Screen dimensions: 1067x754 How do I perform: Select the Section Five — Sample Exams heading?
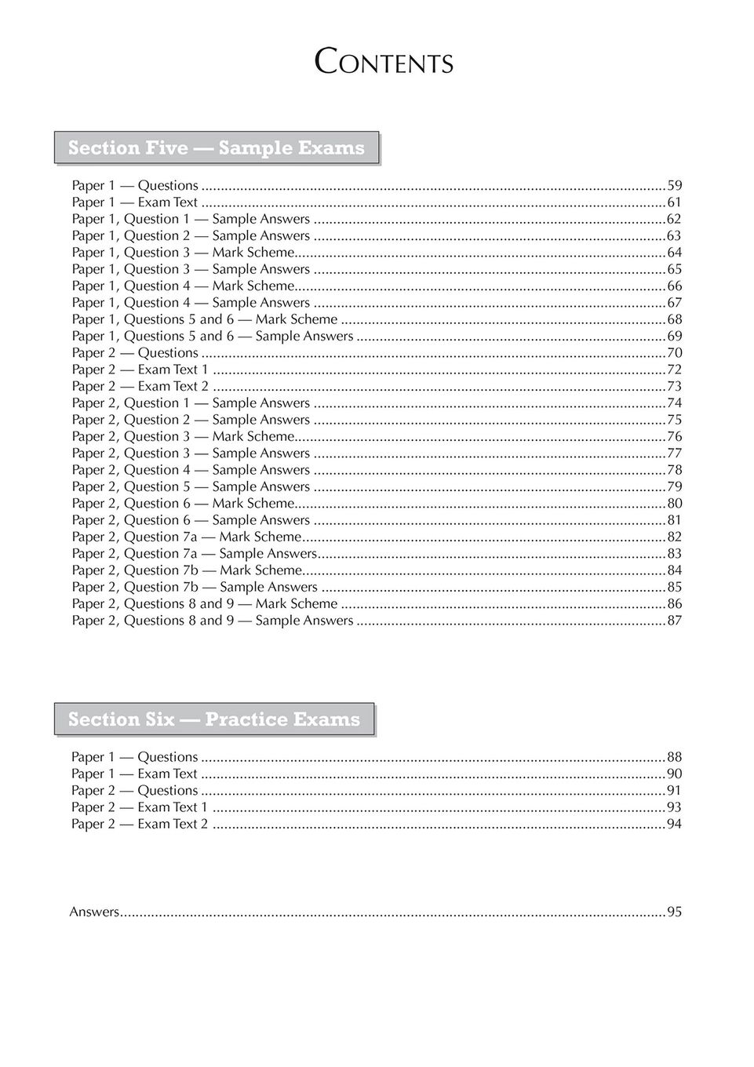click(x=217, y=148)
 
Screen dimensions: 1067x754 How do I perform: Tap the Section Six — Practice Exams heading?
click(x=214, y=719)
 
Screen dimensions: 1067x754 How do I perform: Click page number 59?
click(x=674, y=186)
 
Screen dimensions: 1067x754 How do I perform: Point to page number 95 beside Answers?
click(x=674, y=912)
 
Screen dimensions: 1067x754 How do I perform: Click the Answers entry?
click(x=94, y=912)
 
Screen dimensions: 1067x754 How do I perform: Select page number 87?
click(x=674, y=621)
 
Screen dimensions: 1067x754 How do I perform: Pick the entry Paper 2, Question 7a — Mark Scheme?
click(x=186, y=537)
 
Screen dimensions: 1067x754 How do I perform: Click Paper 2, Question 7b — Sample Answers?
click(x=195, y=588)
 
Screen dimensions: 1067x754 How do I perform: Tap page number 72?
click(x=674, y=370)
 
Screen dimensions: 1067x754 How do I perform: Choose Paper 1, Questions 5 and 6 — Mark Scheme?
click(x=204, y=319)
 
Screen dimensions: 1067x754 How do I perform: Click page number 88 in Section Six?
click(x=674, y=757)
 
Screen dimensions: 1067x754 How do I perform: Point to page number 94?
click(x=674, y=825)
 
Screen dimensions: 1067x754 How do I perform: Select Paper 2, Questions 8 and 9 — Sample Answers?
click(x=212, y=621)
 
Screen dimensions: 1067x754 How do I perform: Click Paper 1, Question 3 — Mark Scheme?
click(x=183, y=253)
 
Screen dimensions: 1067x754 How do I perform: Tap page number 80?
click(x=674, y=504)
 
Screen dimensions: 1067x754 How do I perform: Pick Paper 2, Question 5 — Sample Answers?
click(x=191, y=487)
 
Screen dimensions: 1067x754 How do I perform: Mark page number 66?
click(x=674, y=286)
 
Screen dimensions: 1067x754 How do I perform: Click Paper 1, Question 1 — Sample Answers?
click(x=191, y=220)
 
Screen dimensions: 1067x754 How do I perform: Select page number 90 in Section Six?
click(x=674, y=774)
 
